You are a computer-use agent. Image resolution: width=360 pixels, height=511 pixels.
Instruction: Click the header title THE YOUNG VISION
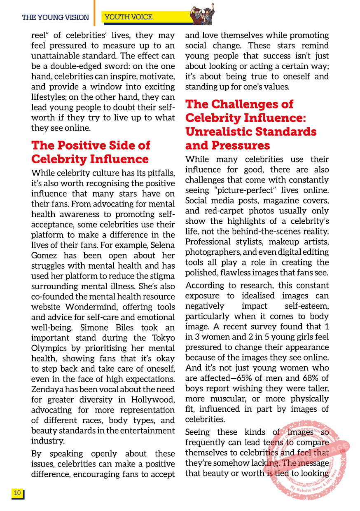click(x=55, y=17)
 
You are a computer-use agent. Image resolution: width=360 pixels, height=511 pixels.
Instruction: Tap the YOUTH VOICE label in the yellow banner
click(x=129, y=17)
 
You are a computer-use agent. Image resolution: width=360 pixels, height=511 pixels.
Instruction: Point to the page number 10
click(x=17, y=493)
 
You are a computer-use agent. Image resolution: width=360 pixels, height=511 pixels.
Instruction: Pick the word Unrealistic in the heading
click(x=221, y=131)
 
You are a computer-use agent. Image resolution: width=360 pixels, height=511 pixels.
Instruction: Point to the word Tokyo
click(x=163, y=338)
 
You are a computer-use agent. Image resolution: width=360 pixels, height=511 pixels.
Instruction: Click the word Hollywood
click(x=152, y=400)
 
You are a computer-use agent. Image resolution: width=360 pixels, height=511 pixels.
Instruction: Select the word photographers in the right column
click(x=211, y=252)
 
